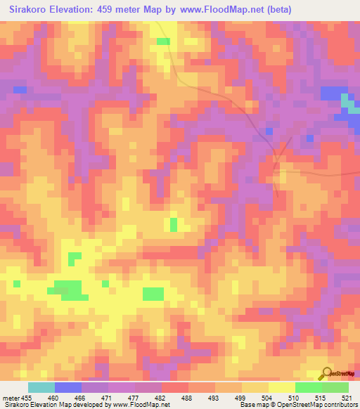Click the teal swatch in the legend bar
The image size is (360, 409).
click(41, 387)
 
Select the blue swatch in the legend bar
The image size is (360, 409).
click(68, 387)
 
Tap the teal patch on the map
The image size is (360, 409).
click(347, 103)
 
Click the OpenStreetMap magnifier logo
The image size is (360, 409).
click(328, 374)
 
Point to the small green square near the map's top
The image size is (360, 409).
click(163, 41)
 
